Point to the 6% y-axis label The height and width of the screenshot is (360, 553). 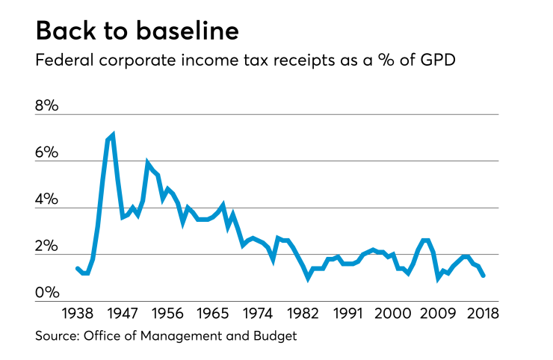(46, 152)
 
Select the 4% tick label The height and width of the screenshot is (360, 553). (46, 199)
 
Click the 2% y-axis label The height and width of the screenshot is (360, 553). (46, 246)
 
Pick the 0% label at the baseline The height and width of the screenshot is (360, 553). (46, 294)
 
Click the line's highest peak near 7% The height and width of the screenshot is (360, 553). (112, 135)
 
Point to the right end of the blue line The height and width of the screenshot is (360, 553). (484, 276)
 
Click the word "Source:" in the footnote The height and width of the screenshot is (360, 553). (59, 336)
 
